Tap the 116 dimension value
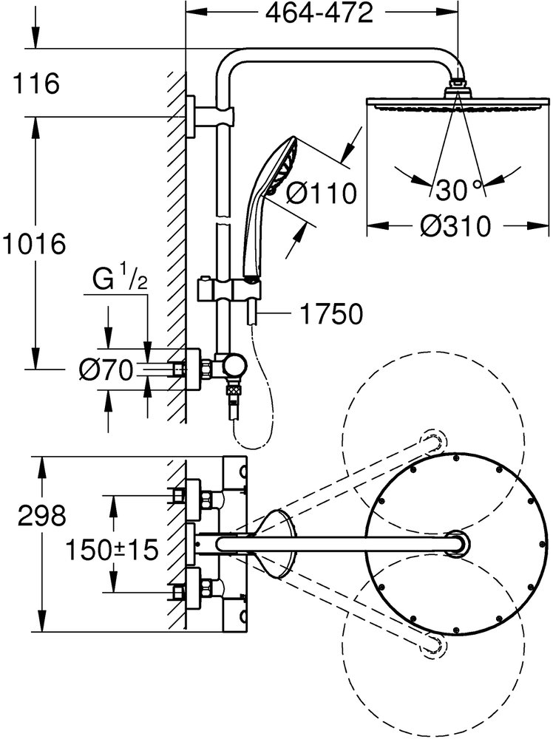point(35,84)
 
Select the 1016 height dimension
point(34,242)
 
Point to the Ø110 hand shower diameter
point(321,193)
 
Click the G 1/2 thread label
point(118,281)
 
